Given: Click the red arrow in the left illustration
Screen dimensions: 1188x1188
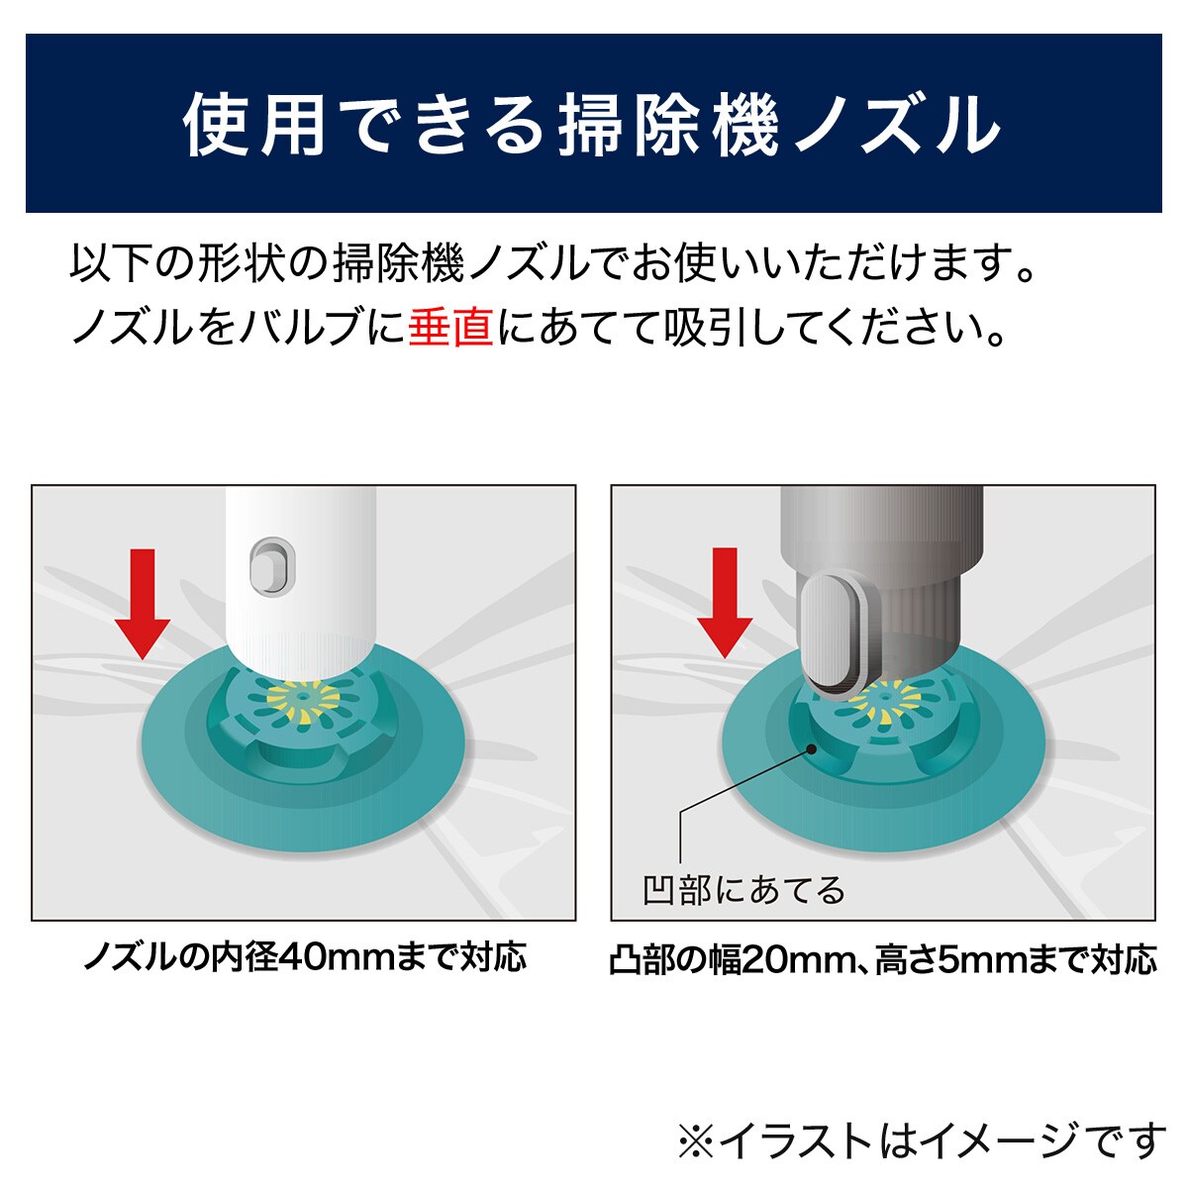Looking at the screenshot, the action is point(143,604).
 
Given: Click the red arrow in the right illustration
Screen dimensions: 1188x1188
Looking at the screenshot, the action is point(725,602).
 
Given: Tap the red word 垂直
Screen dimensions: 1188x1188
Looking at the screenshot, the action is point(450,327).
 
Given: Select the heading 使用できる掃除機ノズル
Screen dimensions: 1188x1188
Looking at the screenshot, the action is point(592,125).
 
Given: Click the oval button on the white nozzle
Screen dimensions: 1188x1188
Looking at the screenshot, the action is point(272,566).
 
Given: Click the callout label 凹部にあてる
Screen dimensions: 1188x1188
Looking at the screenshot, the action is point(744,890).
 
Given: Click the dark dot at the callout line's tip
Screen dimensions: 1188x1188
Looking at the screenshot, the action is point(812,749).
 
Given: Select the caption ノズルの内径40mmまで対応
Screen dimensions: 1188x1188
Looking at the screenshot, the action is point(305,957).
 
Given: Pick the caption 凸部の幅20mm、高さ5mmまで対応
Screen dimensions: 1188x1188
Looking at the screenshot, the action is point(883,959).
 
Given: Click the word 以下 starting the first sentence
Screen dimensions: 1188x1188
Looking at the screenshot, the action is point(111,263).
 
